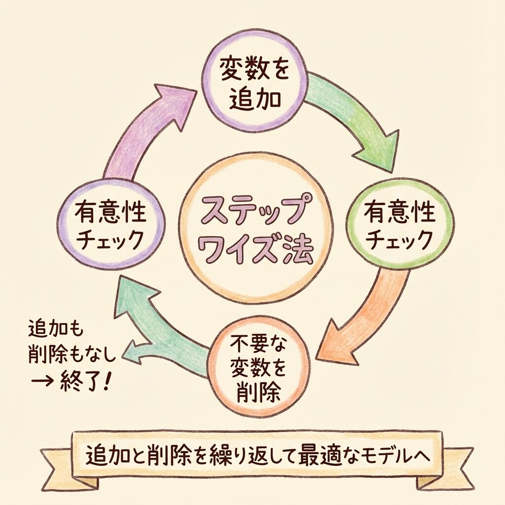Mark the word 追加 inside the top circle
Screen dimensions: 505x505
(x=254, y=99)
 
